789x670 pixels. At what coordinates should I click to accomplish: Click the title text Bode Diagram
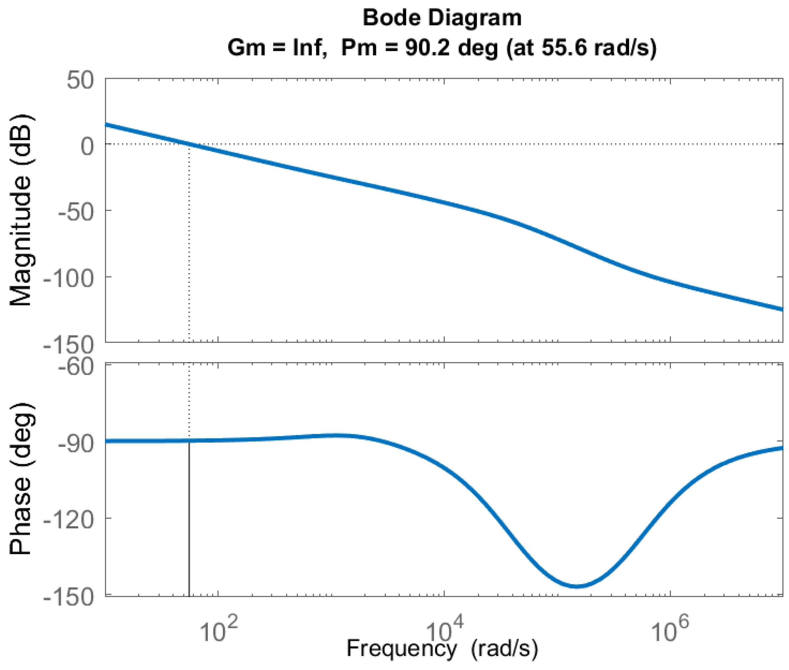pos(442,18)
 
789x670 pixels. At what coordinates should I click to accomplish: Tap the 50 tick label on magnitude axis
pos(80,80)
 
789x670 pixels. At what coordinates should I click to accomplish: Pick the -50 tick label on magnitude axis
pos(75,212)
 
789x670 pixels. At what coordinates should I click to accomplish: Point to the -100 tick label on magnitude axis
pos(69,278)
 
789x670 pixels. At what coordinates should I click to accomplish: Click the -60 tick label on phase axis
pos(75,367)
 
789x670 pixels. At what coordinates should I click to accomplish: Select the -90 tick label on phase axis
pos(75,443)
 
